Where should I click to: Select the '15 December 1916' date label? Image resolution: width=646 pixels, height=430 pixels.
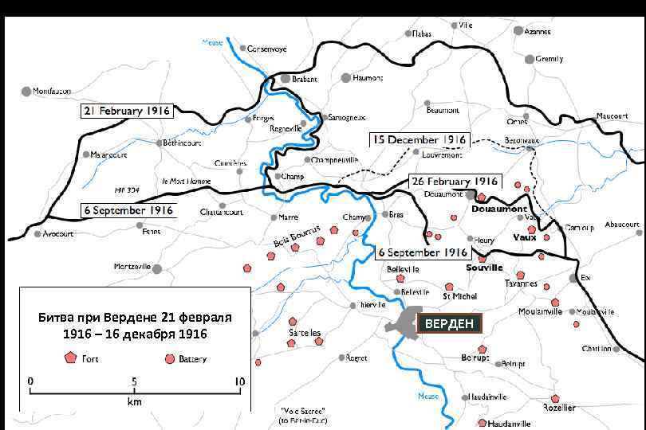(419, 140)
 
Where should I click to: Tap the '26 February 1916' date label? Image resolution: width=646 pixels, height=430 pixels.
(454, 182)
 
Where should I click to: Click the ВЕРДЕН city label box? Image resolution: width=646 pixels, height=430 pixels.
(449, 323)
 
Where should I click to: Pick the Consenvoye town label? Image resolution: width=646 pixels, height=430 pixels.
(267, 49)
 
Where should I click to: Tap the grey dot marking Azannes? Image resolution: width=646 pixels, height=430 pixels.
(518, 30)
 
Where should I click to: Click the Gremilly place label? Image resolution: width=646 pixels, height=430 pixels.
(549, 59)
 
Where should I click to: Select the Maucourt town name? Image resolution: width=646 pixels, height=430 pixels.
(613, 116)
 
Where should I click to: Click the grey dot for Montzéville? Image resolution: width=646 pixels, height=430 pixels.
(157, 269)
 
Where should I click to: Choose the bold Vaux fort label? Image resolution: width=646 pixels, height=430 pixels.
(524, 237)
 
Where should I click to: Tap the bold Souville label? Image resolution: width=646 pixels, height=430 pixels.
(486, 268)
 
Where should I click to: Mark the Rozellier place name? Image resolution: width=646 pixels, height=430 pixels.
(558, 408)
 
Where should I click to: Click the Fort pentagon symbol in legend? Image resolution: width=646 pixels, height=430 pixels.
(69, 358)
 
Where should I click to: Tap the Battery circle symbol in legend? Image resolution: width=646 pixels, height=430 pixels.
(169, 358)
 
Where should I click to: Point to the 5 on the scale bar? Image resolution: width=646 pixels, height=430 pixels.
(134, 381)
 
